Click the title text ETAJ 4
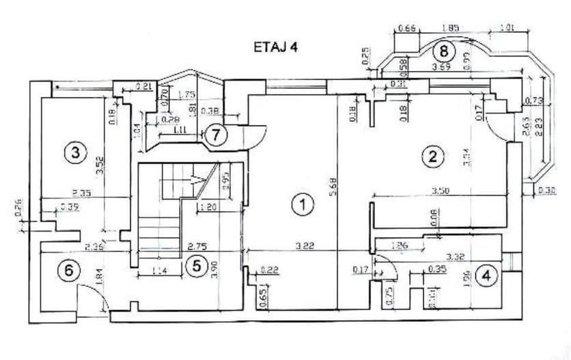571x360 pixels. click(x=275, y=48)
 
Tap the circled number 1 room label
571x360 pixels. click(x=298, y=204)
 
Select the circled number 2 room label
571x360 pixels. click(x=431, y=156)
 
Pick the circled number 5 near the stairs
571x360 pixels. click(x=196, y=266)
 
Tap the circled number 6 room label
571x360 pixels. click(x=68, y=271)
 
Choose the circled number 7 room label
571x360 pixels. click(x=215, y=134)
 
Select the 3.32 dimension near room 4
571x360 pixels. click(x=456, y=256)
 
